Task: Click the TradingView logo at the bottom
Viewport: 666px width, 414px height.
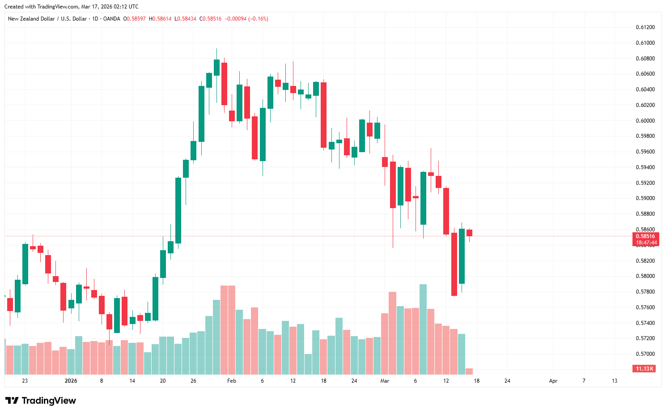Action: [40, 401]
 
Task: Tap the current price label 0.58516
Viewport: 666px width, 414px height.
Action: [645, 236]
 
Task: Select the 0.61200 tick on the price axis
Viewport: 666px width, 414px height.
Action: [645, 27]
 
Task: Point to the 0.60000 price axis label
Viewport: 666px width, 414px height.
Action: [645, 121]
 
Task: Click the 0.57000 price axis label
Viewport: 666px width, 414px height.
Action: [645, 354]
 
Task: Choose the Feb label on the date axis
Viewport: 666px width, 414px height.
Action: [231, 381]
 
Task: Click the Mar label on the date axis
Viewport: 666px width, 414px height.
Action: [385, 381]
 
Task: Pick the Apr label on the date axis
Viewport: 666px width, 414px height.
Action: [553, 381]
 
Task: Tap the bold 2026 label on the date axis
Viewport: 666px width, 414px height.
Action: [71, 381]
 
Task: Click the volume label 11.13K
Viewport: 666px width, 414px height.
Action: [645, 369]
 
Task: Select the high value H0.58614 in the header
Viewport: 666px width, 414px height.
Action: [160, 19]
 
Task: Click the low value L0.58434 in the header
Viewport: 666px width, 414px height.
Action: [185, 19]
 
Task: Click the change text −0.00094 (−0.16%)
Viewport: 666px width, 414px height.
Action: [246, 19]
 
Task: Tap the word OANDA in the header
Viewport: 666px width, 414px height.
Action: [111, 19]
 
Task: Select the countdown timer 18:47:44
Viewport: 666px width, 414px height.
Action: [645, 243]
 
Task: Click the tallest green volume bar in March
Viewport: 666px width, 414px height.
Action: [423, 329]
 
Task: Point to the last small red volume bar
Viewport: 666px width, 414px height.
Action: [469, 371]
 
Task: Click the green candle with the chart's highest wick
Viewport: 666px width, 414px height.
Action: [216, 67]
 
